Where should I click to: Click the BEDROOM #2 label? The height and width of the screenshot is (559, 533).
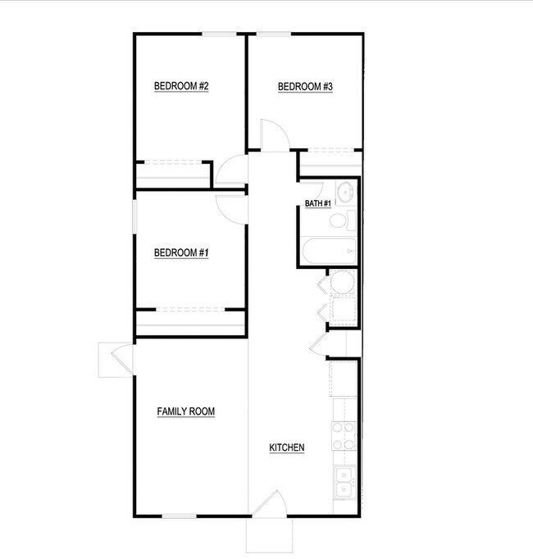(x=181, y=86)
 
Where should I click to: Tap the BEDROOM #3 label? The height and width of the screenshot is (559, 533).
(x=305, y=87)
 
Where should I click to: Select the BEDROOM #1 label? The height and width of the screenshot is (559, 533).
(x=181, y=252)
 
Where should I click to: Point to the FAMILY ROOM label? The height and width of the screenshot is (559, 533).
(x=186, y=411)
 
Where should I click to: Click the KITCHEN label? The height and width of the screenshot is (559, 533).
(x=287, y=448)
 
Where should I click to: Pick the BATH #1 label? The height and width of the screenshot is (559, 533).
(x=318, y=203)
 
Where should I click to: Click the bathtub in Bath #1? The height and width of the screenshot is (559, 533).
(x=329, y=251)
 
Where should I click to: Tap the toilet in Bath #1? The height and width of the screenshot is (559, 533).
(x=343, y=220)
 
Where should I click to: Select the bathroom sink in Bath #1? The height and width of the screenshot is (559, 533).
(x=345, y=192)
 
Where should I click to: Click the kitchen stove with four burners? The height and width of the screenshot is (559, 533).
(x=344, y=436)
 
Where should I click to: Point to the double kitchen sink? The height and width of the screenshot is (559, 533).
(x=344, y=482)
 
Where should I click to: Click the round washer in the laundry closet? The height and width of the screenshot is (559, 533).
(x=342, y=282)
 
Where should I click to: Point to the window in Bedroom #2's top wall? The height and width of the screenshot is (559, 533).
(x=220, y=34)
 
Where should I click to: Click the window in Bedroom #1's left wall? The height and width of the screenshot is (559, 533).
(x=134, y=216)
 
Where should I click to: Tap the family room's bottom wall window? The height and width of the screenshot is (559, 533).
(x=179, y=516)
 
